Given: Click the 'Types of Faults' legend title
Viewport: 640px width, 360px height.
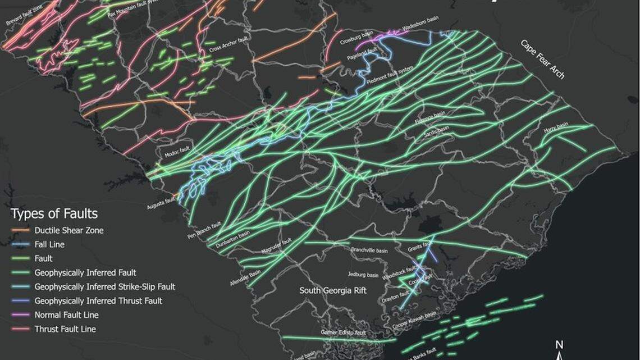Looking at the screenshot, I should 54,213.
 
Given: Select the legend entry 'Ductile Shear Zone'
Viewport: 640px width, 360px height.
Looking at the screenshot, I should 68,230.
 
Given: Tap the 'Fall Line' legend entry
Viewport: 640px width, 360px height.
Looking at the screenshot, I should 49,244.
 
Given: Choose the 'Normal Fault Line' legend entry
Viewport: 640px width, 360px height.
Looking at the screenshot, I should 66,315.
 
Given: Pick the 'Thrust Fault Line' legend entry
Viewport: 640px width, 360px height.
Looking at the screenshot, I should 65,329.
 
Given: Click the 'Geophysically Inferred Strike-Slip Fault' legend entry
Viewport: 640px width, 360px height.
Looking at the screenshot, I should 104,286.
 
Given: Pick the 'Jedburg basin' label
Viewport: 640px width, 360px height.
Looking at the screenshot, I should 363,275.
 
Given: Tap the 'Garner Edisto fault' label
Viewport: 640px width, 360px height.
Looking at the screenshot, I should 343,332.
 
